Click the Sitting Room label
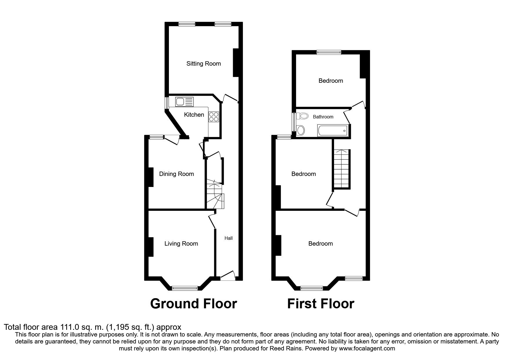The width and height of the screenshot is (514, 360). tap(203, 64)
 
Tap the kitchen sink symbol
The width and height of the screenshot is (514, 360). tap(184, 102)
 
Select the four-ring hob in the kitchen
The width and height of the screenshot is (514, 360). tap(214, 117)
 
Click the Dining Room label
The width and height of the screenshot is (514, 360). tap(176, 174)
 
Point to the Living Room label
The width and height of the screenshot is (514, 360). tap(181, 244)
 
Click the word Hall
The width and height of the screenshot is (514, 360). tap(228, 238)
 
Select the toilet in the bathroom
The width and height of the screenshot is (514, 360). tap(303, 116)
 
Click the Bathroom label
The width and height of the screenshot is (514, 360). tap(323, 117)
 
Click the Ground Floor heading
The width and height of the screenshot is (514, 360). tap(194, 304)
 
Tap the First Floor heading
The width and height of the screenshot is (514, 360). tap(320, 304)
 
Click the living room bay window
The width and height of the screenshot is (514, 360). tap(185, 288)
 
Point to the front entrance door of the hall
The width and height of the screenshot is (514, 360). tap(228, 276)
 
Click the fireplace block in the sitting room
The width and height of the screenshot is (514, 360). tap(236, 63)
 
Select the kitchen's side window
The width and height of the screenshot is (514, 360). tap(167, 103)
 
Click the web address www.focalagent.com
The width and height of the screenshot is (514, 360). tap(367, 348)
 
